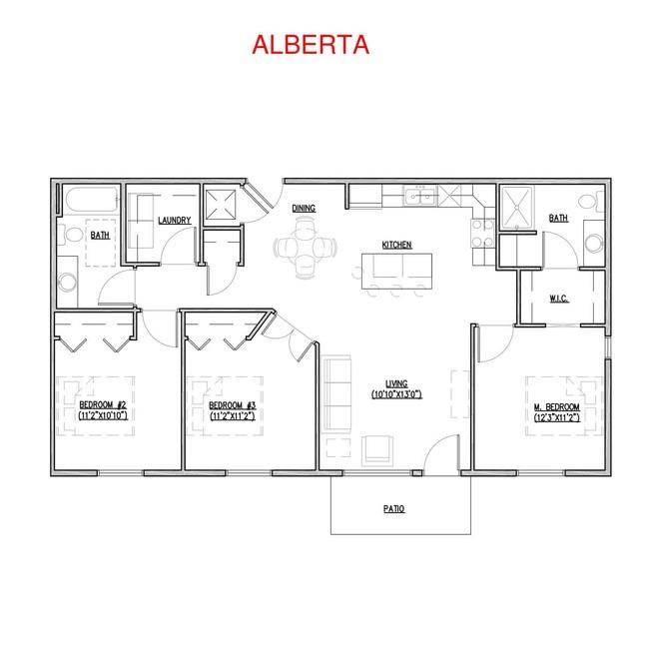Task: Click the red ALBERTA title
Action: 311,45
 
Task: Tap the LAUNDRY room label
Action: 175,221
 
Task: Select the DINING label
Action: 304,209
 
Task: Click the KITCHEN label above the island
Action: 396,245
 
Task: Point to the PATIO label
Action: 393,509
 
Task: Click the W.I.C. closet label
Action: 559,299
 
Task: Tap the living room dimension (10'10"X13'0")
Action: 396,394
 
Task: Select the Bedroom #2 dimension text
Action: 103,415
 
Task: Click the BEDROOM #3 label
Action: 233,405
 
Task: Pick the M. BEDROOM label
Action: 557,407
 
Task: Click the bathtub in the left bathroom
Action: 92,201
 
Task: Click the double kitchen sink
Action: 420,196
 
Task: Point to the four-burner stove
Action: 482,233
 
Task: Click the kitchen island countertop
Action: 396,272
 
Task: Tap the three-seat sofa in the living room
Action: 336,394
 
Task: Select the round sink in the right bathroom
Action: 594,243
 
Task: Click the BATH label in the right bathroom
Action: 558,219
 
